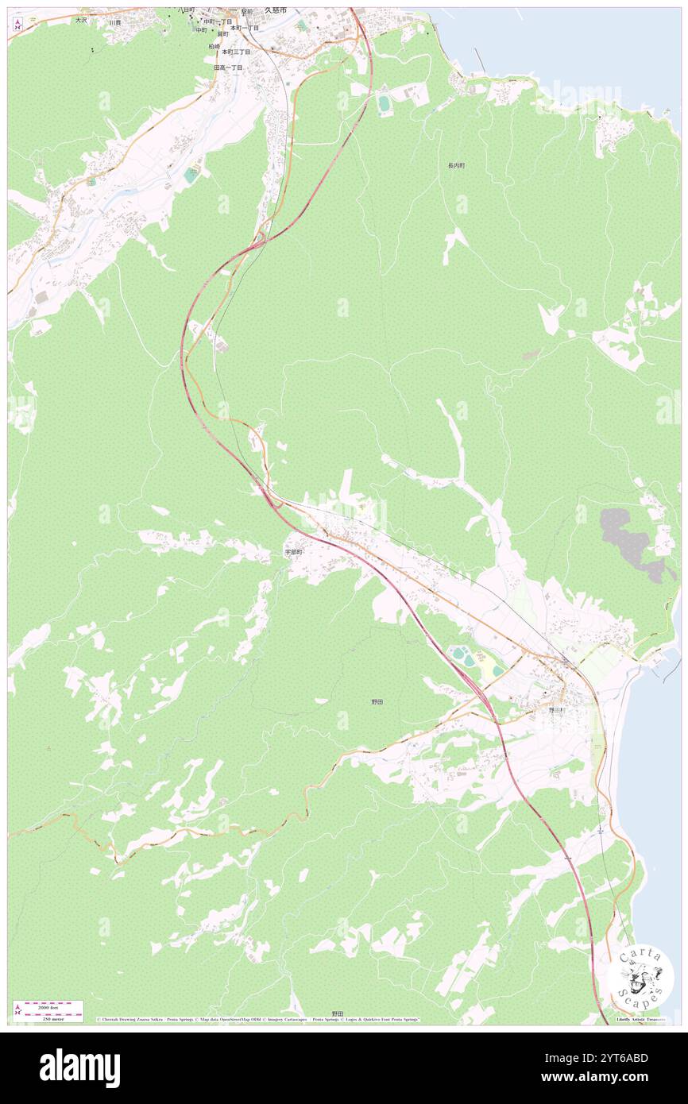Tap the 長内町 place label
(455, 166)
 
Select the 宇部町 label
(294, 551)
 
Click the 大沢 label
(81, 20)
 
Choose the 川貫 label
(115, 22)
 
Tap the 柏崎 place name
(215, 47)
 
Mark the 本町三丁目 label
(236, 52)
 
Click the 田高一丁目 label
(229, 68)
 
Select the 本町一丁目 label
(244, 28)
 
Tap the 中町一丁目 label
(218, 21)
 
